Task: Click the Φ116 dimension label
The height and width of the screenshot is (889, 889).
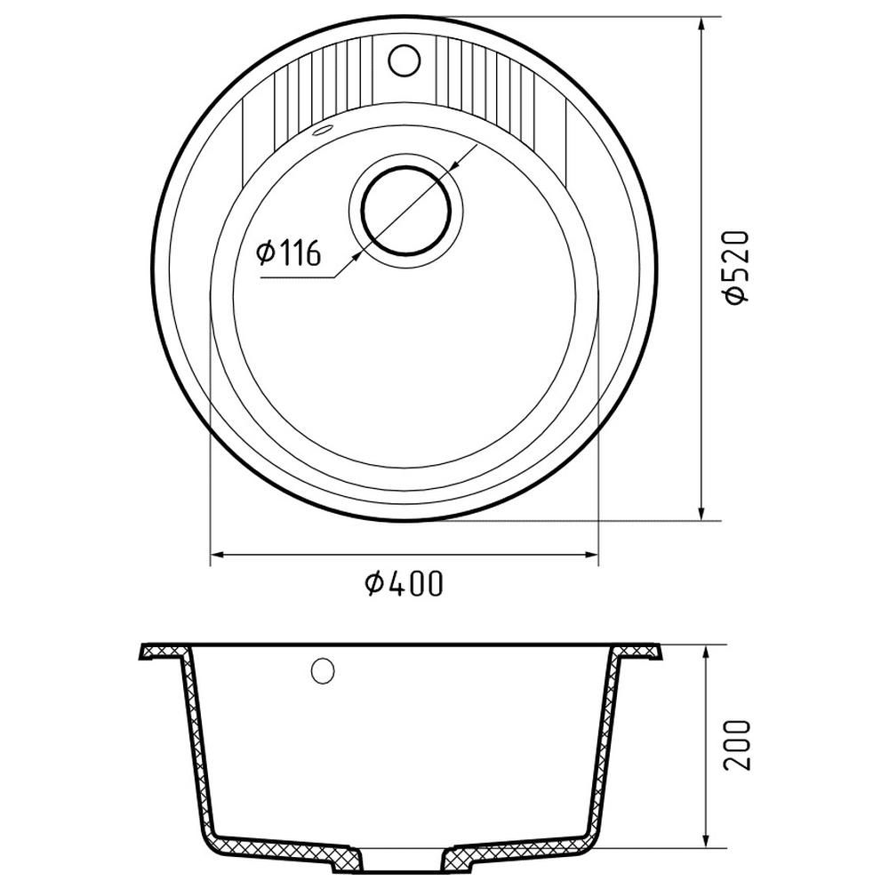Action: coord(289,252)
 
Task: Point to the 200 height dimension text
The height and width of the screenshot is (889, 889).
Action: coord(737,744)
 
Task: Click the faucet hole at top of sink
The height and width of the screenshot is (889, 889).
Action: coord(404,60)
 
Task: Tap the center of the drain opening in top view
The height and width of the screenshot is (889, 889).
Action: coord(406,211)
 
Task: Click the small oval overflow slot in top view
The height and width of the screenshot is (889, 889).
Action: coord(322,130)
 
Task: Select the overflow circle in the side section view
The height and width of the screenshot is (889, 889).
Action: coord(323,671)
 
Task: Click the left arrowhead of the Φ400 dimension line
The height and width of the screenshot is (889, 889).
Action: coord(218,555)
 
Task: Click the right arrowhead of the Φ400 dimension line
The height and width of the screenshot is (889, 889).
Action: coord(591,555)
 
